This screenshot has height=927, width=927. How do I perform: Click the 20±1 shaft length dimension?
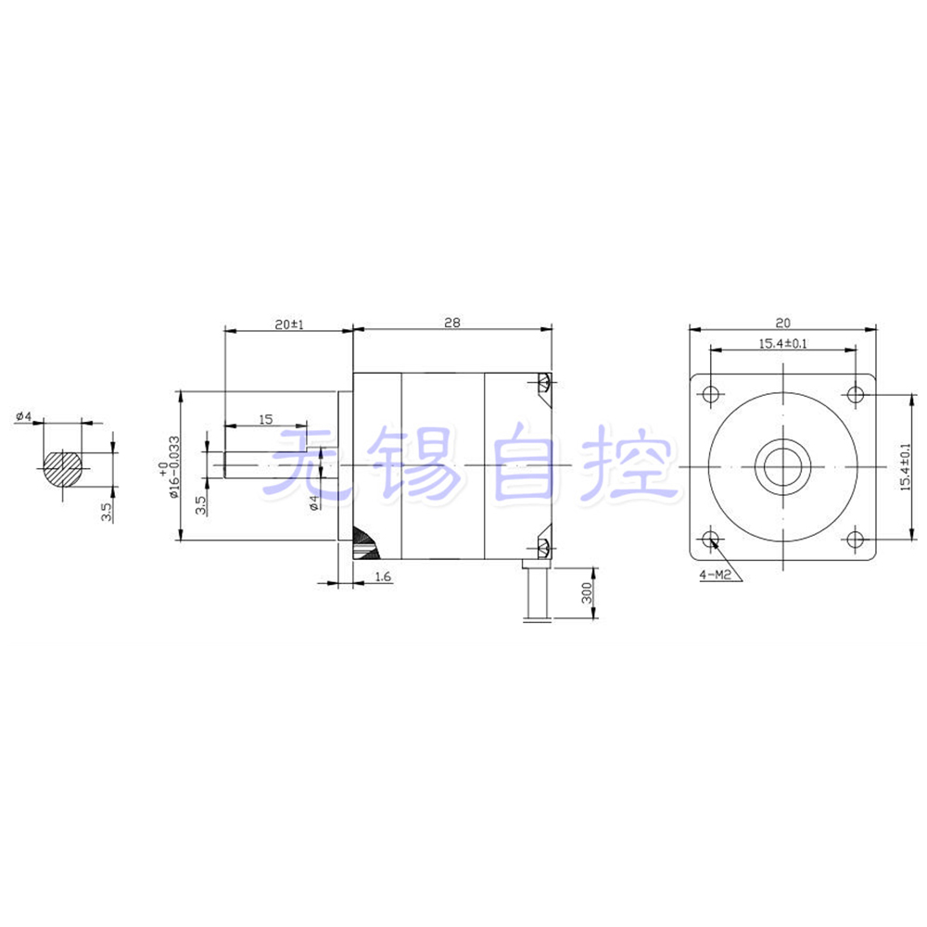[288, 324]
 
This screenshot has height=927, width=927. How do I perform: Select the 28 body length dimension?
[451, 324]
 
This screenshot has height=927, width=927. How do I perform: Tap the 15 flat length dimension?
[265, 420]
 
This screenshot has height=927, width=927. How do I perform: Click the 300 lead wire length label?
[586, 595]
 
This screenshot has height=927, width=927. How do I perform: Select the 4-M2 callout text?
[716, 575]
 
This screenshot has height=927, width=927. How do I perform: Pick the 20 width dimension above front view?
[782, 324]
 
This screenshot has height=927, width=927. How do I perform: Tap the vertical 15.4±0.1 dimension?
[907, 465]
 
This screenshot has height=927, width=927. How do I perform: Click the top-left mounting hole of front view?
[711, 394]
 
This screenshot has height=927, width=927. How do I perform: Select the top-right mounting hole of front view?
[854, 394]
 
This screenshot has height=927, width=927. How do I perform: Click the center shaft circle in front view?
[782, 465]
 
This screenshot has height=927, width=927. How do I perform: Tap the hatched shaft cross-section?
[63, 465]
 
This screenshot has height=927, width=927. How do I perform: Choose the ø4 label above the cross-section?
[24, 417]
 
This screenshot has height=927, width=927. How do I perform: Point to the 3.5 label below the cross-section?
[108, 513]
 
